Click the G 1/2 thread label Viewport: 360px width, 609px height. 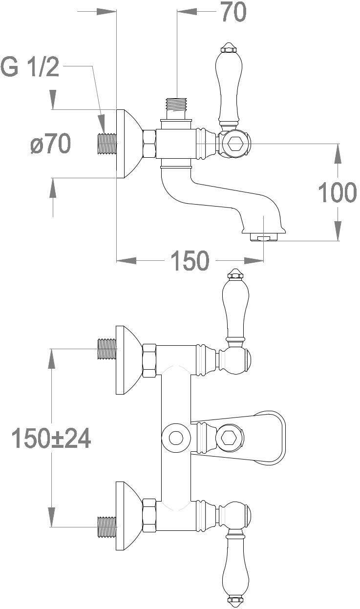tap(30, 67)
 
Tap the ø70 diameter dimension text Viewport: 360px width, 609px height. tap(50, 144)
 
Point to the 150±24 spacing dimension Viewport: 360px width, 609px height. tap(51, 438)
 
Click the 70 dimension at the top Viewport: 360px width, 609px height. tap(233, 13)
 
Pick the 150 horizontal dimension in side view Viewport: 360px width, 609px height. tap(190, 261)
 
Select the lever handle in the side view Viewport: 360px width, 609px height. tap(228, 85)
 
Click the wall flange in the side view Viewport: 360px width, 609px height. tap(128, 144)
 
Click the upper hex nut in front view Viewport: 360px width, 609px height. tap(149, 360)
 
